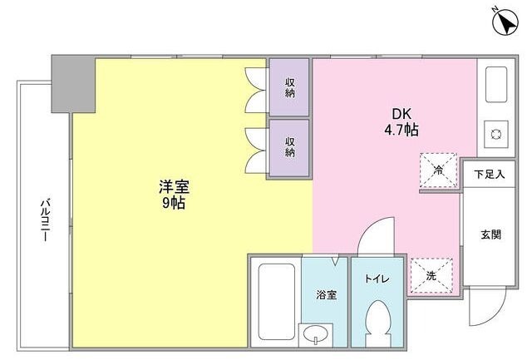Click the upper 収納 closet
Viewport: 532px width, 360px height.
tap(290, 86)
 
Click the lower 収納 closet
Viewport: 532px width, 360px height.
tap(290, 147)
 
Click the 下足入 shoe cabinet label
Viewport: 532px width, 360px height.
tap(490, 175)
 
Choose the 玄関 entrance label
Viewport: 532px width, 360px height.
tap(490, 234)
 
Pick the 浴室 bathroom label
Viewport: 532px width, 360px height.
tap(326, 295)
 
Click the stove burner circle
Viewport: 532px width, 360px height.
tap(495, 132)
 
